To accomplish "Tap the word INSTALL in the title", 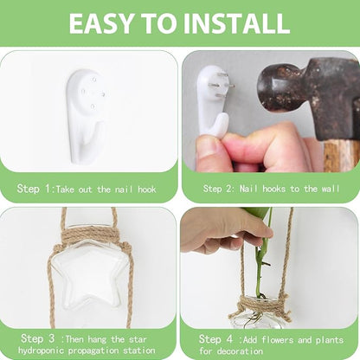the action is pos(236,23).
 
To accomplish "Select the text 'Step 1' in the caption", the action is pos(34,189).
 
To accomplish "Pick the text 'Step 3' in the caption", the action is pos(37,338).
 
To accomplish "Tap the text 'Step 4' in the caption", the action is pos(215,339).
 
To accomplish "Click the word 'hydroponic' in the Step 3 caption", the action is pos(42,350).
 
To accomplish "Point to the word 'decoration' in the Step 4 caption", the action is pos(240,351).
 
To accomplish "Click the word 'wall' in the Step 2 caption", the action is pos(331,189).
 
